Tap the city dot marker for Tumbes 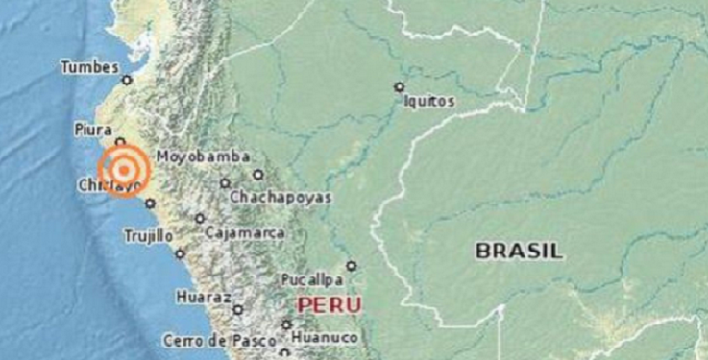[127, 80]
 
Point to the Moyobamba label [204, 156]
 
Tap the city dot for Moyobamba [257, 174]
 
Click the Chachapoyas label [280, 197]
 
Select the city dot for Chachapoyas [225, 182]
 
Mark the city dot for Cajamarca [200, 218]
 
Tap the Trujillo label [148, 235]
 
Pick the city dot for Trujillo [180, 253]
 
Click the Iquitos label [428, 101]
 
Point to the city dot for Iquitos [399, 87]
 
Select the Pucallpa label [312, 280]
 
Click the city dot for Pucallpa [352, 266]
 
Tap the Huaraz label [203, 298]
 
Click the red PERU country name [330, 305]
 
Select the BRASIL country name [519, 252]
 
